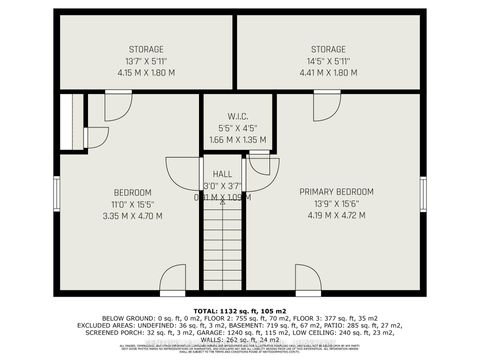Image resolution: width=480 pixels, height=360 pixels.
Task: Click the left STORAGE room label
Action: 146,49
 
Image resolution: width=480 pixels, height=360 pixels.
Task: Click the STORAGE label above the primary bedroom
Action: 327,49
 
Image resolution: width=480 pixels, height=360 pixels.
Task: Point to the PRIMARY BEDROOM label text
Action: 336,191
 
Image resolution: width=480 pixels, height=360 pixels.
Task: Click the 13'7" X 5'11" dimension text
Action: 146,60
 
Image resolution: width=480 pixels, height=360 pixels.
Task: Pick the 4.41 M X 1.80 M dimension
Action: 327,72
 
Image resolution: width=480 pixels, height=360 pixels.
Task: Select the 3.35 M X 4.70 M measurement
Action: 132,215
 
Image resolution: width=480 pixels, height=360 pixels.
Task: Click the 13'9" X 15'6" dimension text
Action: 336,203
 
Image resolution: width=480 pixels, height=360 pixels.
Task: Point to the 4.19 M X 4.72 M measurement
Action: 336,215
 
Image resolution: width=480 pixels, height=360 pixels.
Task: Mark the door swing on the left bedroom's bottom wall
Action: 173,277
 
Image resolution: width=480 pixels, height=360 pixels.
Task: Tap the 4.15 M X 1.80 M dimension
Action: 146,72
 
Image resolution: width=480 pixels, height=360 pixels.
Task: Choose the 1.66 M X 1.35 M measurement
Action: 237,139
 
